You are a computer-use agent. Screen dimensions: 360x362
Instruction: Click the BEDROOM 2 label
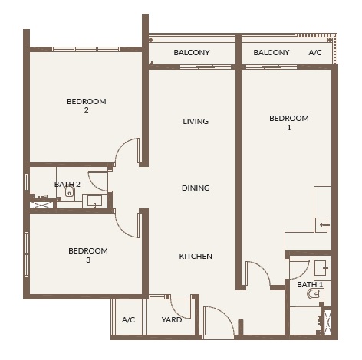tap(86, 106)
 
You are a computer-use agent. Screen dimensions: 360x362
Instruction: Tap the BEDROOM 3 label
tap(87, 255)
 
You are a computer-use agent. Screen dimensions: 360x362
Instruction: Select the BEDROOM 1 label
tap(289, 123)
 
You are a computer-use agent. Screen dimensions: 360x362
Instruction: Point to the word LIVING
tap(196, 121)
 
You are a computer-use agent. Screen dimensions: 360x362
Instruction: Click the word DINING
tap(196, 188)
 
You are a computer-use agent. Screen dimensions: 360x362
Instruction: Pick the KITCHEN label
tap(196, 256)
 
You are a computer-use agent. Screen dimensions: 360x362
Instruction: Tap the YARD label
tap(172, 319)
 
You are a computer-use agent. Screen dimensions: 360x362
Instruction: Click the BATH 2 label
tap(67, 184)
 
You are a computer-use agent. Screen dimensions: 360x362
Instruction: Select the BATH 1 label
tap(310, 284)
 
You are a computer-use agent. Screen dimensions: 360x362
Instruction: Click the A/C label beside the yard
tap(128, 319)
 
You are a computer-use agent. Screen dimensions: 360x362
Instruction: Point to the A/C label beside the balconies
tap(315, 53)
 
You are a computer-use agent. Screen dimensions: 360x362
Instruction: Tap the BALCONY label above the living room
tap(192, 53)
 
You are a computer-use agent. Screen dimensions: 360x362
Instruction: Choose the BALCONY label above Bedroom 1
tap(271, 53)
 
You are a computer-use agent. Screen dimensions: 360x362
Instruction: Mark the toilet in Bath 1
tap(313, 294)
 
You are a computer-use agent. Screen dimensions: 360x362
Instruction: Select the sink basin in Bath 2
tap(94, 201)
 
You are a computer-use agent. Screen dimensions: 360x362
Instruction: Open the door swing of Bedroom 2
tap(127, 153)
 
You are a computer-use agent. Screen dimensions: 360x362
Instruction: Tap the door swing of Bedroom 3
tap(127, 224)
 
